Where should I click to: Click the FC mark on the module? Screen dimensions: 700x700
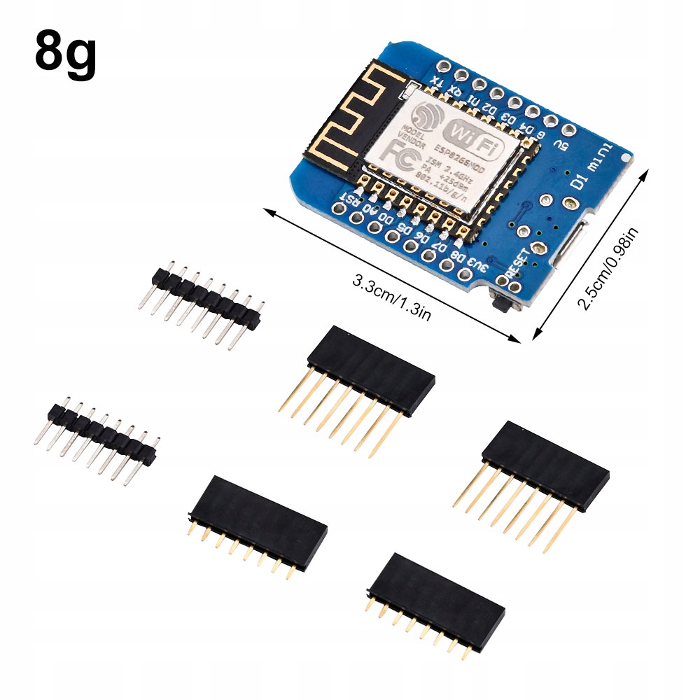click(405, 153)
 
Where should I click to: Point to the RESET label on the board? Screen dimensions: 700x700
click(522, 262)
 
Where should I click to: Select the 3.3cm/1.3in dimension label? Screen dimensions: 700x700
click(391, 297)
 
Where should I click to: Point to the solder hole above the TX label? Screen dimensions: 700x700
click(443, 66)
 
